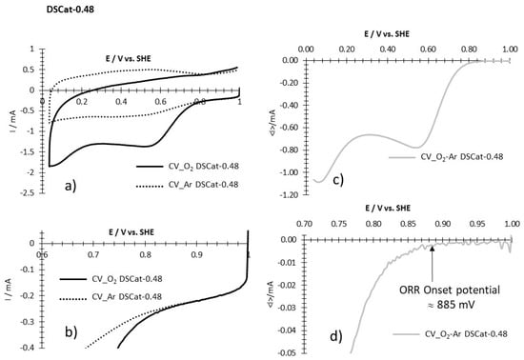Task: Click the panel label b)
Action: point(68,332)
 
